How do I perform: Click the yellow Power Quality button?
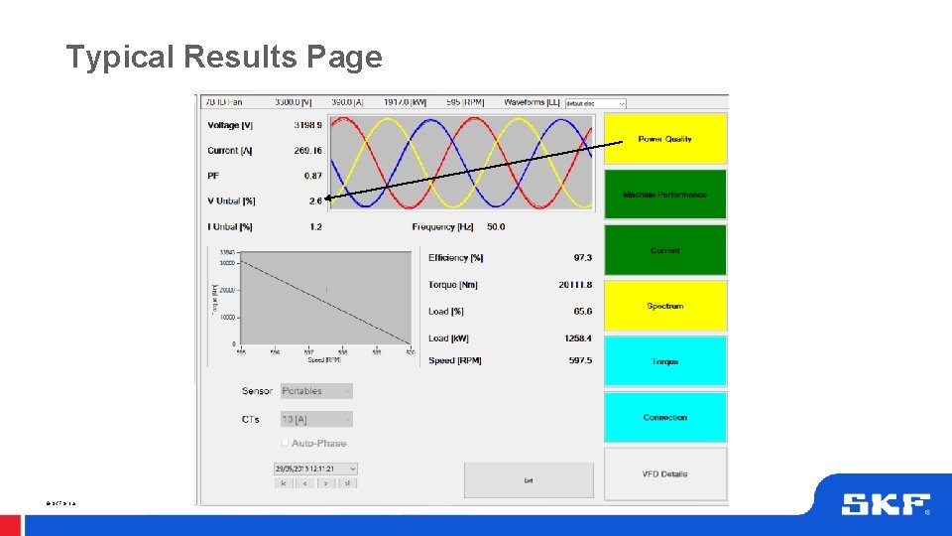[x=665, y=138]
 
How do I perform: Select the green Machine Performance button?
[x=665, y=195]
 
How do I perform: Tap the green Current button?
[x=665, y=250]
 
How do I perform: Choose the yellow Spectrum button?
[x=665, y=306]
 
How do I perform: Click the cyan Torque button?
[x=665, y=361]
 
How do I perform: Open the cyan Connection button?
[x=665, y=417]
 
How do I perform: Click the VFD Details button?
[x=665, y=473]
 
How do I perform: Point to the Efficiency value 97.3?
[x=582, y=258]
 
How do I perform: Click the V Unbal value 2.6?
[x=315, y=201]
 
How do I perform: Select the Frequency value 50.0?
[x=496, y=227]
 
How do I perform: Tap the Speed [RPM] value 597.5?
[x=580, y=361]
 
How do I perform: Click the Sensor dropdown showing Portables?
[x=316, y=391]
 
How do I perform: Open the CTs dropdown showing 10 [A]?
[x=316, y=420]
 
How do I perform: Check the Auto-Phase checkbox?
[x=286, y=443]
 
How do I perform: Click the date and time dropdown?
[x=315, y=469]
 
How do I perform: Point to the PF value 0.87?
[x=313, y=176]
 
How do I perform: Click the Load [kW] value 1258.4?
[x=577, y=338]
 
